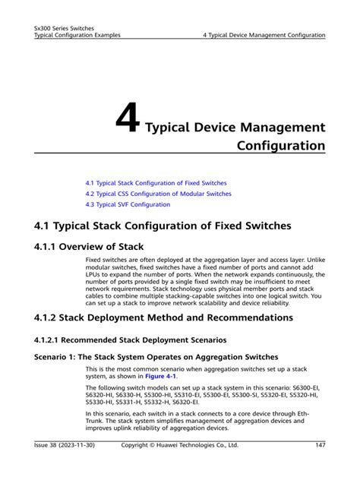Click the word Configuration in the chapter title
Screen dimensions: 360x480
click(x=280, y=144)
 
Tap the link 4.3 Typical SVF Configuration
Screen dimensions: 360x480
click(x=128, y=204)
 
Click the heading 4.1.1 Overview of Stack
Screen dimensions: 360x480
click(x=89, y=246)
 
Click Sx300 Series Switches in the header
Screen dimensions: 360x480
click(x=65, y=27)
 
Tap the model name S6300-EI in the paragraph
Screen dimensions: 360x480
click(x=306, y=387)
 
